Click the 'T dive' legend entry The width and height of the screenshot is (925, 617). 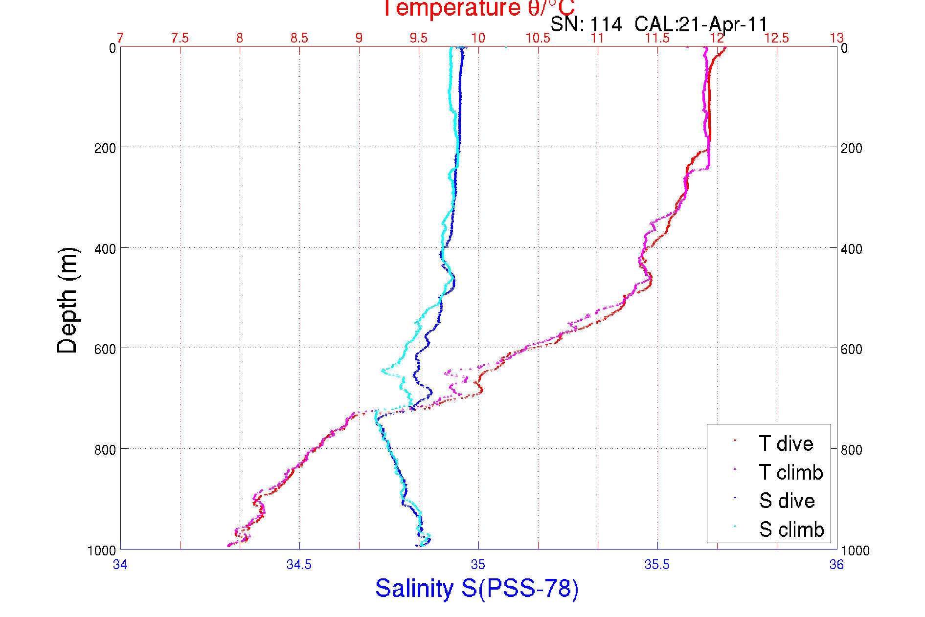(786, 443)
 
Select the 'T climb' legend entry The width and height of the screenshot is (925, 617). (790, 472)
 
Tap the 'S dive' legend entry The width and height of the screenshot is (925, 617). (787, 501)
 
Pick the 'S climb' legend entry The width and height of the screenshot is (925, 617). (791, 529)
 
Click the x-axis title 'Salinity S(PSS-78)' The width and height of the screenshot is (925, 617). (477, 588)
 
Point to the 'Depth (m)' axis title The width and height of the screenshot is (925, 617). (68, 300)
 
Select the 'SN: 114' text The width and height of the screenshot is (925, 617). (586, 24)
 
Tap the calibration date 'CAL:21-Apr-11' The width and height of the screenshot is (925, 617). (701, 24)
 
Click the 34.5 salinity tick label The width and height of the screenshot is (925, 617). (299, 565)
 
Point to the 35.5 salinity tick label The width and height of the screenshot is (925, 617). (657, 565)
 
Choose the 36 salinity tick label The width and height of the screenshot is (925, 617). (836, 565)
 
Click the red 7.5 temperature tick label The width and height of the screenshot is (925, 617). (180, 38)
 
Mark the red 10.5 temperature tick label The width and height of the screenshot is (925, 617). (538, 38)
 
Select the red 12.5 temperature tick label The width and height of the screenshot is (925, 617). (776, 38)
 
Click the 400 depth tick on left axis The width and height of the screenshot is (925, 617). (105, 249)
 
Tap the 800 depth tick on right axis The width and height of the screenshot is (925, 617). (851, 449)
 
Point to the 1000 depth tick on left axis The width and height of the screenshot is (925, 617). (101, 551)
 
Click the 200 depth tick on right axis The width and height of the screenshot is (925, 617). (851, 148)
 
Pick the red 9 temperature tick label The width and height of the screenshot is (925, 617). (359, 38)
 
